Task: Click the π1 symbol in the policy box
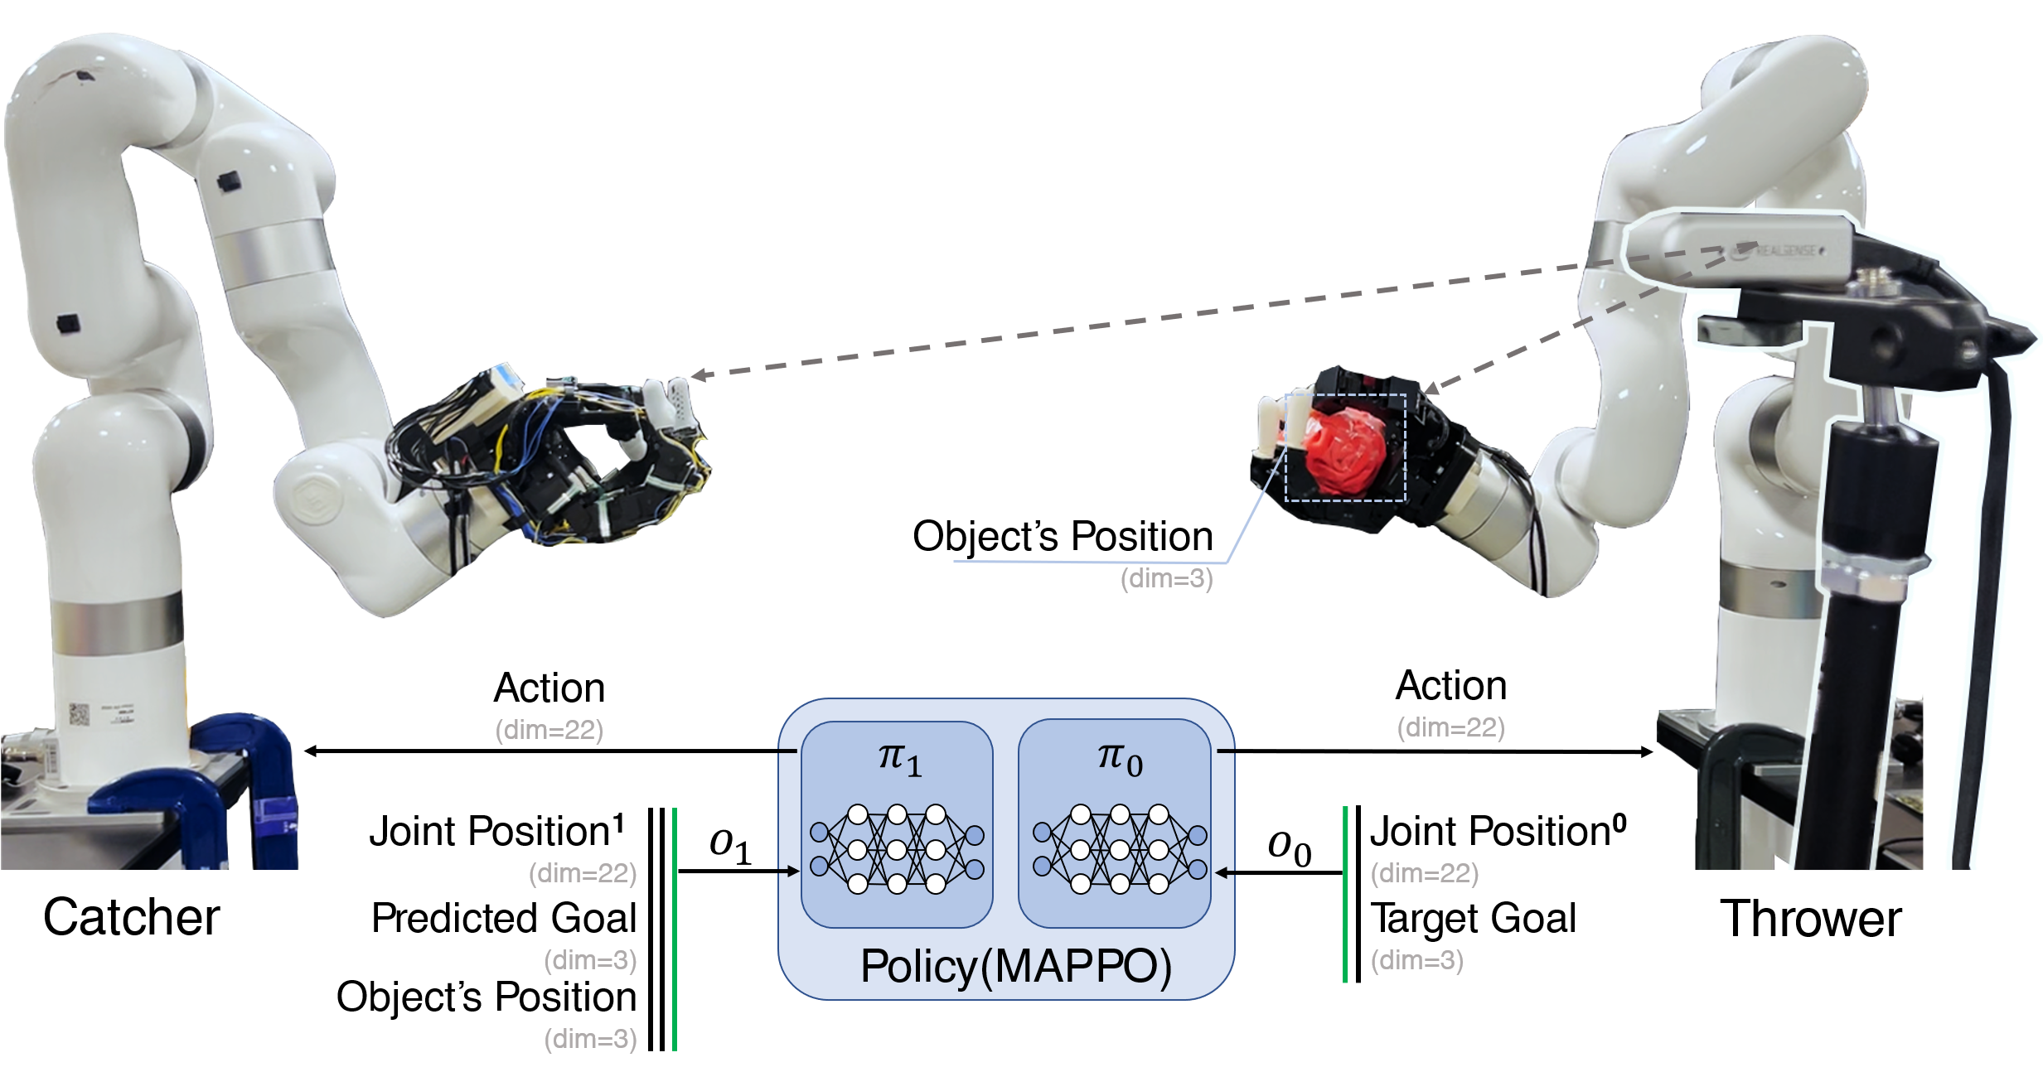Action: (899, 760)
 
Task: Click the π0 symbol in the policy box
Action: (1120, 760)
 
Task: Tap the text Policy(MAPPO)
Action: (1015, 966)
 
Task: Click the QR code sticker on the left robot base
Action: (79, 713)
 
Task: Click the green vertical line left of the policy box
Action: (675, 928)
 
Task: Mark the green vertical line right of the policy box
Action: (1344, 894)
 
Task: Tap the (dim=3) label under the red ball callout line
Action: (1166, 579)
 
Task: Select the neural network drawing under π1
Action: (896, 848)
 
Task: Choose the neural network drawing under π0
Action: (1120, 848)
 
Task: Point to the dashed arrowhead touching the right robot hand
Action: (1430, 387)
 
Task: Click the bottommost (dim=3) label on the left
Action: (590, 1039)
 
